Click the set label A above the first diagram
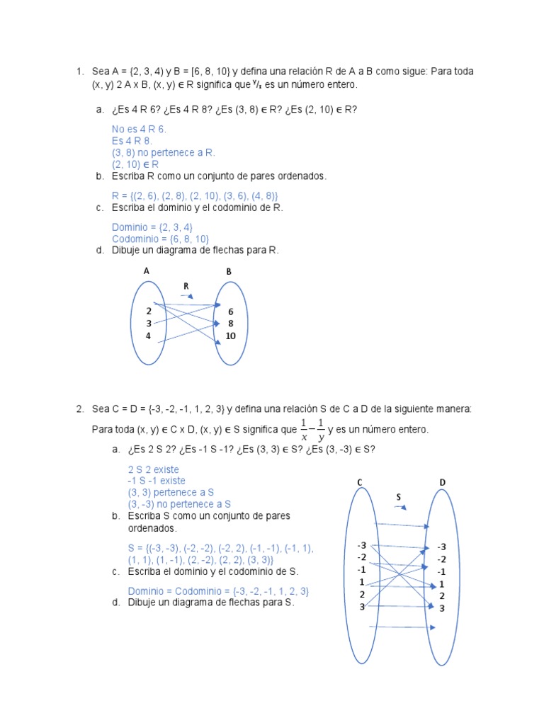(147, 270)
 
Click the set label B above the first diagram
(229, 271)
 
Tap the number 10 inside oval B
(230, 336)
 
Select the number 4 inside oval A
(149, 336)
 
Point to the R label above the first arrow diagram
(186, 286)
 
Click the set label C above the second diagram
(360, 482)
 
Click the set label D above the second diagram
(442, 482)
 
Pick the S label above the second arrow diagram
(399, 497)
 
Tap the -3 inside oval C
(361, 545)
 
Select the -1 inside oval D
(441, 571)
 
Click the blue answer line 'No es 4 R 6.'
(139, 130)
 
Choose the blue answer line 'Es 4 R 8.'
(132, 141)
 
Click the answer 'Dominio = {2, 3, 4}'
(152, 227)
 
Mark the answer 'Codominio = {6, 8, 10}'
(160, 239)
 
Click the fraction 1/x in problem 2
(304, 429)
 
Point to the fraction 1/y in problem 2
(320, 429)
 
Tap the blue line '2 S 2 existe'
(153, 469)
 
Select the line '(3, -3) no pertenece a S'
(180, 504)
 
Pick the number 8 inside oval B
(230, 323)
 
